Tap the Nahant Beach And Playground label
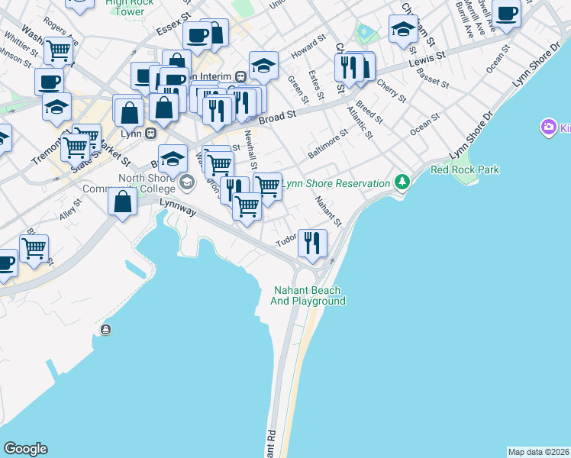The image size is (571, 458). pos(308,295)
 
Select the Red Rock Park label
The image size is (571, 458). pos(464,169)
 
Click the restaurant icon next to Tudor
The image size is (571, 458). pos(312,243)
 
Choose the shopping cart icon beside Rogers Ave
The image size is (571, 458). pos(58,50)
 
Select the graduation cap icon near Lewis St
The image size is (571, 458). pos(402,30)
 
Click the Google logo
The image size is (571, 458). pos(25,449)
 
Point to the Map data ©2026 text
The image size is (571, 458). pos(537,452)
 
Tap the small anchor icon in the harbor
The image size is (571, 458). pos(105,330)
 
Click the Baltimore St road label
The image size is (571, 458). pos(327,142)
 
